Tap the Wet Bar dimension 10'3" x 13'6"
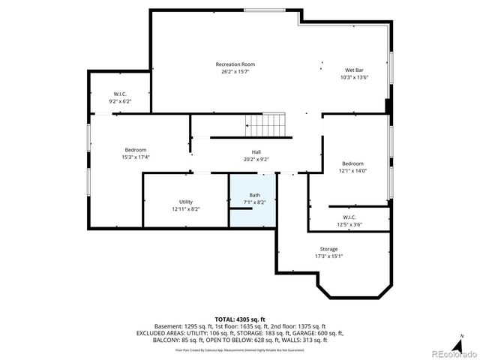tap(355, 77)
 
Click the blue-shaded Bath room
tap(251, 199)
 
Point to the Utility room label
tap(185, 202)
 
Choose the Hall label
tap(256, 152)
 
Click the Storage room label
tap(328, 249)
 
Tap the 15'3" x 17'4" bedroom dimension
tap(136, 157)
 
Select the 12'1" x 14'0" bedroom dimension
tap(352, 171)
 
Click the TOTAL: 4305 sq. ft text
tap(240, 319)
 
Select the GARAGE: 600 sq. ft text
tap(318, 333)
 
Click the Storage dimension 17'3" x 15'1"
tap(328, 256)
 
